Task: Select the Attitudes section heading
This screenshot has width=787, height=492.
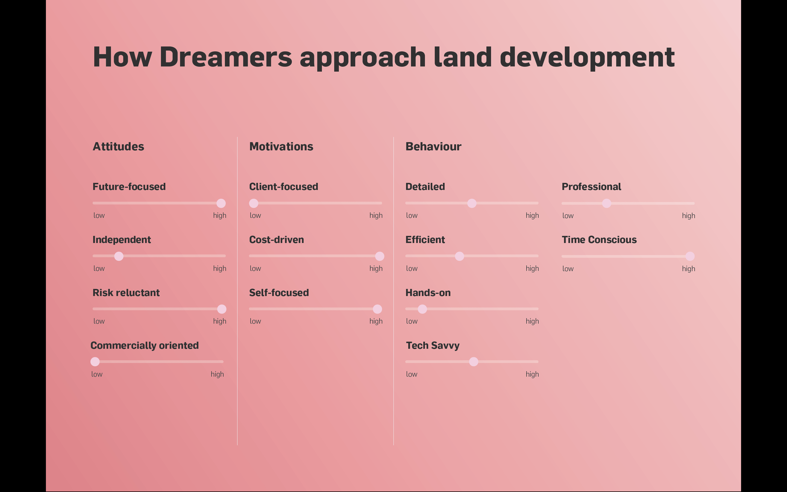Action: [x=118, y=147]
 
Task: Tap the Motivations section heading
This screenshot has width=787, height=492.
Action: [x=281, y=147]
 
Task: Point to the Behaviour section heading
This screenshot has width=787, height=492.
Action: [x=433, y=147]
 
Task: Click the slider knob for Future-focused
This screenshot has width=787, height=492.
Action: [x=221, y=203]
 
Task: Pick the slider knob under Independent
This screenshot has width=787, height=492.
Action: [x=119, y=256]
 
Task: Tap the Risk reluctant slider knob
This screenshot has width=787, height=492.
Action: [x=222, y=309]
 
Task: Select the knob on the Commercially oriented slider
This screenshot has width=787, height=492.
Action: [x=95, y=362]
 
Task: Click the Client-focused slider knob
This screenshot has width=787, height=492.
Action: [x=254, y=203]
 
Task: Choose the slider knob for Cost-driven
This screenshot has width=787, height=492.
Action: [x=380, y=256]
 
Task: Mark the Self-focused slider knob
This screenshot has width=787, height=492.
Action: [x=378, y=309]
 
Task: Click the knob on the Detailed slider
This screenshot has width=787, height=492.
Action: [x=472, y=203]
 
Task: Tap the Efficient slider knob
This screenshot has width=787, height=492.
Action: [x=460, y=256]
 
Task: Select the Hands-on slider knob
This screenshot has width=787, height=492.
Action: [x=422, y=309]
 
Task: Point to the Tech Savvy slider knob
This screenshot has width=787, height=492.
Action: [x=474, y=362]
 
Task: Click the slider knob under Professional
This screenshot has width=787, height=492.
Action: [x=607, y=203]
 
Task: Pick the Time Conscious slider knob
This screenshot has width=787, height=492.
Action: [x=690, y=256]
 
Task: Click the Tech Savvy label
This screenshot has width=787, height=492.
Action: [x=433, y=345]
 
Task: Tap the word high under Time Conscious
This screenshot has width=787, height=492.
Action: [x=688, y=269]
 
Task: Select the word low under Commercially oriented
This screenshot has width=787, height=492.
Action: [x=97, y=374]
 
